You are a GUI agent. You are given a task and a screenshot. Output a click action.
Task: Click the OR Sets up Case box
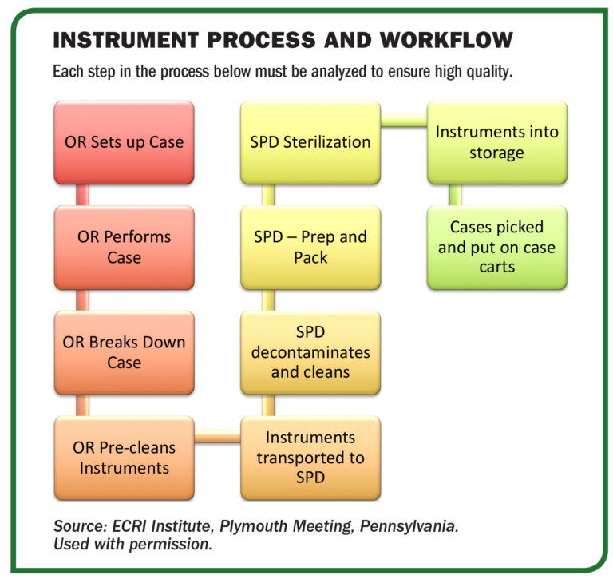click(x=124, y=142)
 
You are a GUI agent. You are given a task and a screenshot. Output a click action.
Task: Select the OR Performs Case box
click(x=124, y=248)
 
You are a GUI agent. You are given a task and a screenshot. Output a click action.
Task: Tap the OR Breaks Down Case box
click(x=124, y=352)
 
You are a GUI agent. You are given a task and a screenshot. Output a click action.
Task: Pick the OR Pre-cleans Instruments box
click(x=124, y=458)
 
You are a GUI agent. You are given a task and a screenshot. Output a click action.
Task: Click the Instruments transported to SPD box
click(x=310, y=458)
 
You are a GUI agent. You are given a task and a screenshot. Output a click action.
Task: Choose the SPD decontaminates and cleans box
click(x=310, y=352)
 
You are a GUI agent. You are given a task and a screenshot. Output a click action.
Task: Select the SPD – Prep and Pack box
click(x=310, y=248)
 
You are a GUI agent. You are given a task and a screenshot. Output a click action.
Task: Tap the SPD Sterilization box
click(x=310, y=142)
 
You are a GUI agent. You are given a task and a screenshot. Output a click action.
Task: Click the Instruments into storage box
click(x=496, y=142)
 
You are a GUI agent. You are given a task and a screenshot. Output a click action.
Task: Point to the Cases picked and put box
click(x=496, y=248)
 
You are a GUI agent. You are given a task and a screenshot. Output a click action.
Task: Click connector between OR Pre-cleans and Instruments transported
click(x=217, y=438)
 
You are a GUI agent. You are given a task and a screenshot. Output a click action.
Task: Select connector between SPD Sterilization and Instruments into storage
click(x=403, y=122)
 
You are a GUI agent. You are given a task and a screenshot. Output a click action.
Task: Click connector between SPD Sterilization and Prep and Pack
click(x=268, y=195)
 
